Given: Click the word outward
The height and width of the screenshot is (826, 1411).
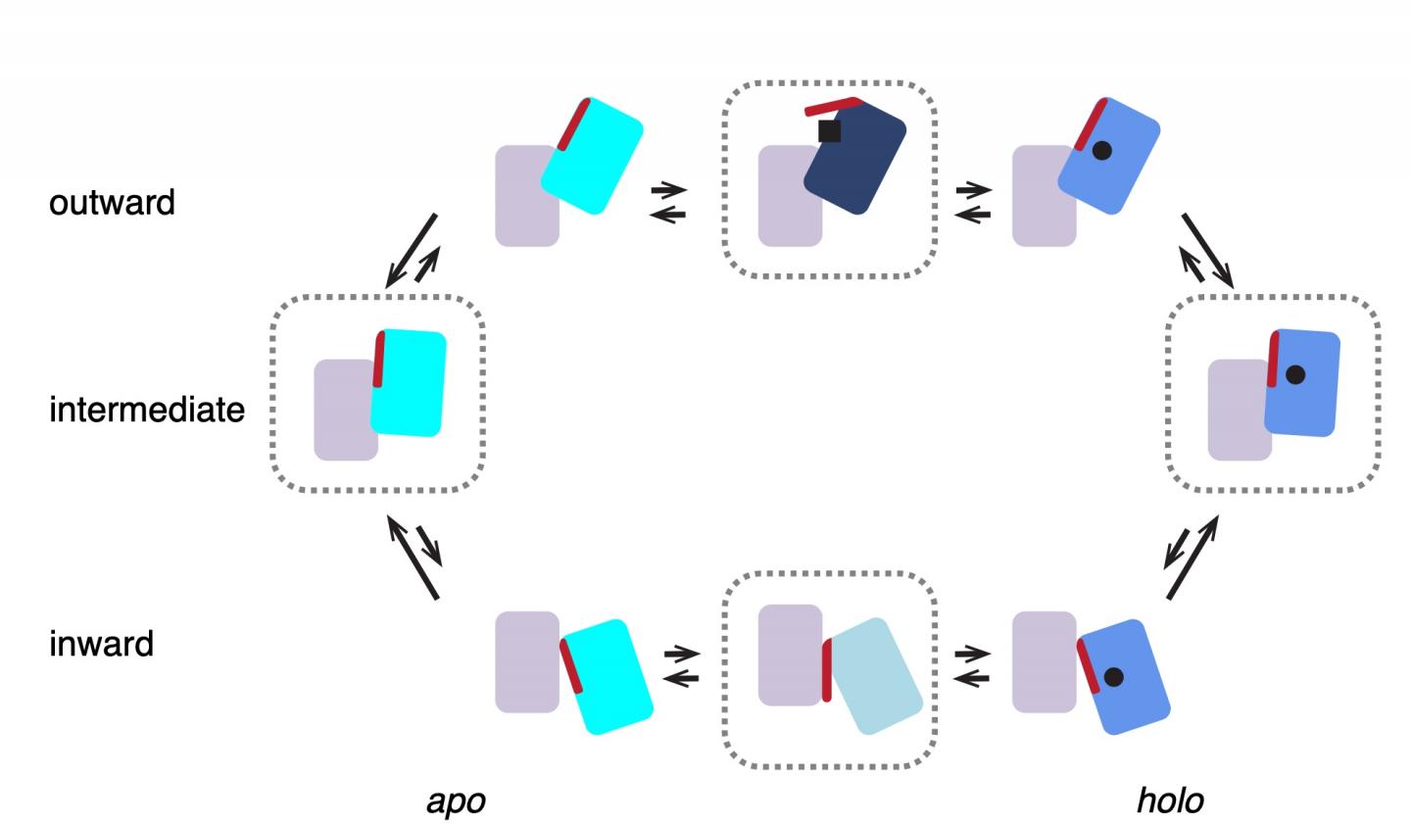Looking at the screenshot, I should [112, 203].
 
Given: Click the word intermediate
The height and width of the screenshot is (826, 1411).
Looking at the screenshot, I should [147, 409].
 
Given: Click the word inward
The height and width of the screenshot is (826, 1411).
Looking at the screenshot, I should [101, 644].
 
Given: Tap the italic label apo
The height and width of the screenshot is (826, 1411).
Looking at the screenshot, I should [456, 802].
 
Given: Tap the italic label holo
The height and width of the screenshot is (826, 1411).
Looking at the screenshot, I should [1169, 802].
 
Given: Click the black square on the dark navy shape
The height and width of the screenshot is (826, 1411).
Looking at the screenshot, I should [829, 130].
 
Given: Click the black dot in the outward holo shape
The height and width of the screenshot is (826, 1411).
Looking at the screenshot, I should [1101, 151].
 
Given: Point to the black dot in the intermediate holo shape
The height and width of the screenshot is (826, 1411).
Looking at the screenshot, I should [1295, 374].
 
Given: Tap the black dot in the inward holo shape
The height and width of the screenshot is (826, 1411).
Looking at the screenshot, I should [1113, 676].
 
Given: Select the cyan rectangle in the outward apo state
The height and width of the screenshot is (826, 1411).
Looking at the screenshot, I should [596, 162].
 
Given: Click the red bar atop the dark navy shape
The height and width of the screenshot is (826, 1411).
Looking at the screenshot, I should [831, 106].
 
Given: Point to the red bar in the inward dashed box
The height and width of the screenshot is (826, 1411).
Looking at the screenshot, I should [827, 670].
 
